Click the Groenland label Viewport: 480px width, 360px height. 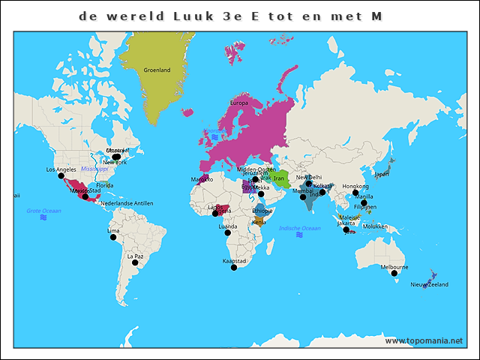pos(157,70)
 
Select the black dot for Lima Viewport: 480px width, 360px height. pos(113,237)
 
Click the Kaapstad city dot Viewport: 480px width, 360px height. pos(233,267)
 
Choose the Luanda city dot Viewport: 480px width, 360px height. pos(227,232)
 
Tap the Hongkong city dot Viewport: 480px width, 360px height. pos(355,193)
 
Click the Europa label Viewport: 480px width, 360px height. pos(238,103)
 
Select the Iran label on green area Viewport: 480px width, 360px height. pos(279,178)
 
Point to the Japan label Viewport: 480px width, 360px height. pos(382,174)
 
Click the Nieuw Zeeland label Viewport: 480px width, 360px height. pos(429,285)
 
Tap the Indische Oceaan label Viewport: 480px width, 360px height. pos(299,228)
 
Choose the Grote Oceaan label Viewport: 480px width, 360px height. pos(43,211)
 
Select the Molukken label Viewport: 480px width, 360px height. pos(376,226)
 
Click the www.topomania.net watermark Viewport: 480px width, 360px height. pos(424,340)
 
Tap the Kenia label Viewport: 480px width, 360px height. pos(259,222)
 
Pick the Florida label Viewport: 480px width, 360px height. pos(104,185)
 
